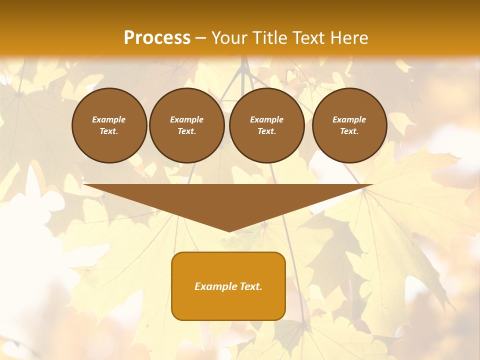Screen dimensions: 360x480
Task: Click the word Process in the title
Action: [x=157, y=38]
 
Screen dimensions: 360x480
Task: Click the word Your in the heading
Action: [x=229, y=38]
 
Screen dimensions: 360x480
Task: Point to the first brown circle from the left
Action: [x=109, y=125]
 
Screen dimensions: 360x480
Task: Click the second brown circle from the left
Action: [x=186, y=125]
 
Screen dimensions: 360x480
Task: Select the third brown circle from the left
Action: [x=266, y=125]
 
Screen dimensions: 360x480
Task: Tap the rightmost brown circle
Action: [x=349, y=125]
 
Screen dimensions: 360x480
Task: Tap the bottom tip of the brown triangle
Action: [x=229, y=231]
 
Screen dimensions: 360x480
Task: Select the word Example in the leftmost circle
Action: [x=109, y=119]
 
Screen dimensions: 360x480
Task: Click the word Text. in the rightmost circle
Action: [x=349, y=131]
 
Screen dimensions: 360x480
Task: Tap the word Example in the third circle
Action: [x=266, y=119]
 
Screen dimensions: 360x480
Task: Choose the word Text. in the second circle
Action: [x=186, y=131]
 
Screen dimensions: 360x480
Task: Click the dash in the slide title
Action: [x=201, y=38]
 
